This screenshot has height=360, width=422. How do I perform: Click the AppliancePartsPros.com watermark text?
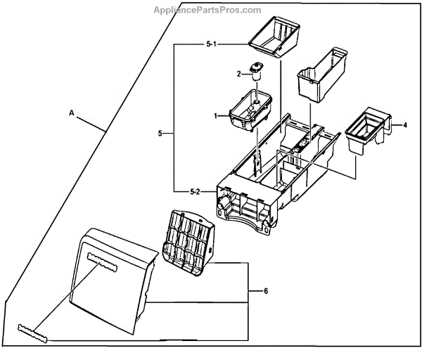(x=207, y=10)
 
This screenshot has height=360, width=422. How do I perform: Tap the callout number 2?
(x=239, y=74)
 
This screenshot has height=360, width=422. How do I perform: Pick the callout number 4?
(x=405, y=125)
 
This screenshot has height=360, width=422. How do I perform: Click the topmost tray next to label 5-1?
(x=276, y=36)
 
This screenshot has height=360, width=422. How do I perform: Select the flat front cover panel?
(x=116, y=281)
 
